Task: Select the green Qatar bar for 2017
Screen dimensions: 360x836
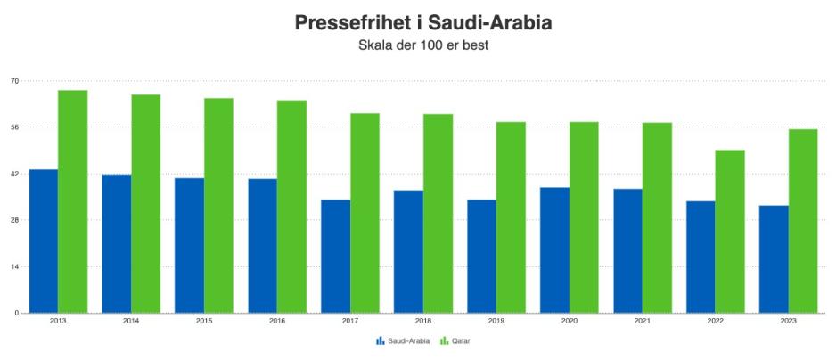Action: click(x=365, y=213)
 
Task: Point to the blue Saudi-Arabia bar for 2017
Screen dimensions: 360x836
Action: click(x=336, y=256)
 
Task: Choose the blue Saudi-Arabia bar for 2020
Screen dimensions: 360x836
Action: click(x=554, y=250)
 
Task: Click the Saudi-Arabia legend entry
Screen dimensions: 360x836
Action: click(x=403, y=340)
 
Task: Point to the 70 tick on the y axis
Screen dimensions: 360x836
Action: click(x=15, y=81)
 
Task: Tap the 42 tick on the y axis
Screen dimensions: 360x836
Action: click(x=15, y=174)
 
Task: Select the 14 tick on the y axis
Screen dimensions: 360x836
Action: click(x=15, y=266)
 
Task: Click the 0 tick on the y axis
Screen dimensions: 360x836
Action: click(x=17, y=313)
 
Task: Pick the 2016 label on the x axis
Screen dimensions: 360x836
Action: click(x=277, y=321)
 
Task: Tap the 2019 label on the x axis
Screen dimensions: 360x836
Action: click(x=496, y=321)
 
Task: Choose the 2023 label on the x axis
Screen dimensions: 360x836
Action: click(x=788, y=321)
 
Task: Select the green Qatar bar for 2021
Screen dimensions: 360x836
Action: click(x=657, y=217)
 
